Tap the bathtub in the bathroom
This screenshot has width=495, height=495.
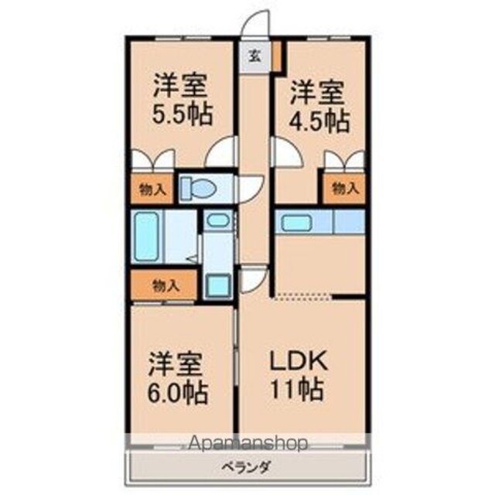[146, 236]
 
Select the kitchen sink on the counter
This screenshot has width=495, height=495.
[296, 222]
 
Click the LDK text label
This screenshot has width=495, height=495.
[298, 360]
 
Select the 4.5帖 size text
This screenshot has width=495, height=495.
[319, 121]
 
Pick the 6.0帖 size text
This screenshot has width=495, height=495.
[178, 393]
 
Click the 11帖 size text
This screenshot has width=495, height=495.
[297, 389]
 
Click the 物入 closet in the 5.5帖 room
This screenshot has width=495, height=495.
[152, 189]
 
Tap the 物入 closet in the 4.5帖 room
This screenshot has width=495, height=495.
[344, 189]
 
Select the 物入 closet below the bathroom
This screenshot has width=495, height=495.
[164, 285]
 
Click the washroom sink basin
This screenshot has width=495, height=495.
[218, 220]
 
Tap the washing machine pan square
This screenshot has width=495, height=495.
[218, 285]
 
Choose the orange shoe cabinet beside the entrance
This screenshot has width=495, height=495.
[277, 56]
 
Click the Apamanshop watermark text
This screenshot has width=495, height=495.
[247, 443]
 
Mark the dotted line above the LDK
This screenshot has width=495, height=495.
[303, 296]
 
